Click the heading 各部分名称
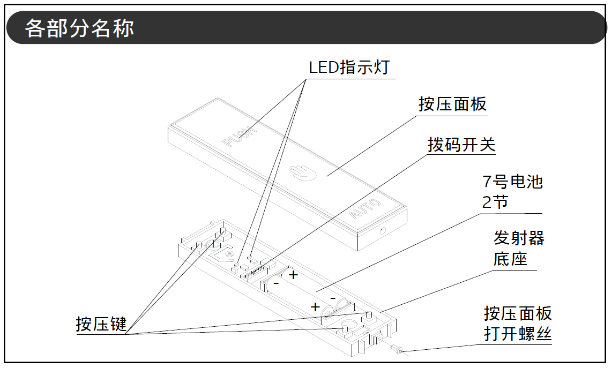(79, 28)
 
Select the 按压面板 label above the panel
(452, 104)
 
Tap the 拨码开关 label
(461, 145)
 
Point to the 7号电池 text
(512, 182)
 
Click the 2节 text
(495, 202)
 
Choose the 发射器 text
(519, 238)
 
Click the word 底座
(510, 259)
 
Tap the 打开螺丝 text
(518, 334)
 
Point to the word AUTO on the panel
(365, 209)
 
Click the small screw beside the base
(397, 350)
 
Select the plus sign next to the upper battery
(293, 275)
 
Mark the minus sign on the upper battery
(276, 282)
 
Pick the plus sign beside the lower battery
(316, 307)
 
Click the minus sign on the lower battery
(333, 297)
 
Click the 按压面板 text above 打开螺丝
(518, 313)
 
